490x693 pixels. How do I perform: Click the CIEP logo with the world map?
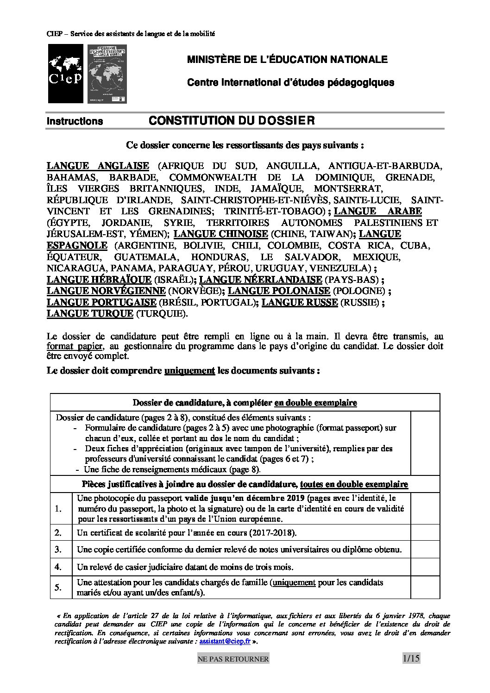point(65,74)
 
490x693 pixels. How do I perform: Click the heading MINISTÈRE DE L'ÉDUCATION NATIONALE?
point(287,60)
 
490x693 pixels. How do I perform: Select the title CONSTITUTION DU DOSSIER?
point(231,121)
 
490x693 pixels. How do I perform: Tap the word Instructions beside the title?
point(75,121)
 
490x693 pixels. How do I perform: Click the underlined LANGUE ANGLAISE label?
point(98,166)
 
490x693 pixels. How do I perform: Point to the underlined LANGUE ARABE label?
point(377,211)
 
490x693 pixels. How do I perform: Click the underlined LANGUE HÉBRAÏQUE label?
point(99,279)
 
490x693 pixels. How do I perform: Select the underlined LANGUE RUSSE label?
point(299,302)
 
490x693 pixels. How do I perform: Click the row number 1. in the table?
point(58,509)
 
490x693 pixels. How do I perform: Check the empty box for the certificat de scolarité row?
point(425,532)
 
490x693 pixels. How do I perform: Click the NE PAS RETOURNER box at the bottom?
point(239,659)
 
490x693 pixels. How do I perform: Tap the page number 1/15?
point(411,658)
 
